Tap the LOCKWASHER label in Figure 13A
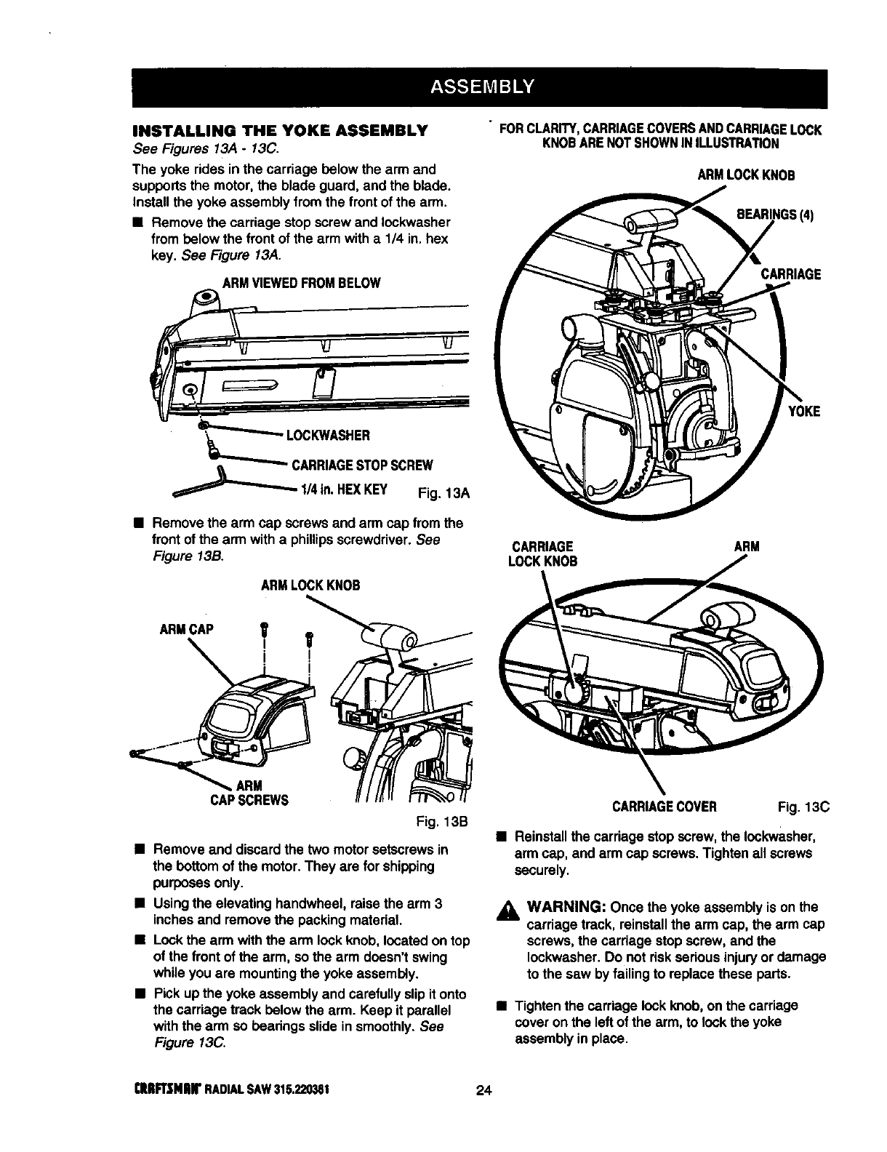329,436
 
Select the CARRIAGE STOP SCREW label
362,465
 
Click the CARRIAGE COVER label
665,807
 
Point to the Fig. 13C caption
803,807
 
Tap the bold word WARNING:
567,908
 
